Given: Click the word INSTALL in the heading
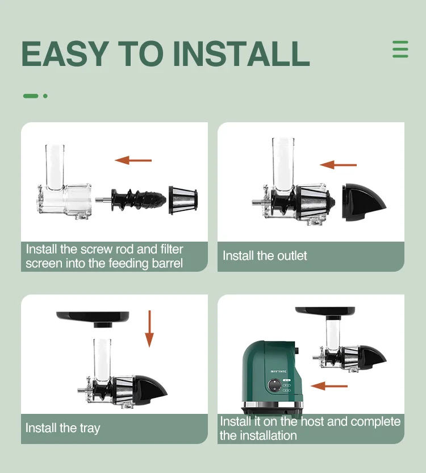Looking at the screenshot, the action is pyautogui.click(x=241, y=53).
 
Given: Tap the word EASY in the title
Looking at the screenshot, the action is pyautogui.click(x=65, y=53).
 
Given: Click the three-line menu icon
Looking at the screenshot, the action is pyautogui.click(x=400, y=49).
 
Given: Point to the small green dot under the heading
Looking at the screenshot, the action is pyautogui.click(x=45, y=96).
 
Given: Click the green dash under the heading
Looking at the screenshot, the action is pyautogui.click(x=31, y=96).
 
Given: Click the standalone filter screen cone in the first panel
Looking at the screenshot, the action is pyautogui.click(x=183, y=200).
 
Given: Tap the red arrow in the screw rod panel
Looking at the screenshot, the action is pyautogui.click(x=133, y=160).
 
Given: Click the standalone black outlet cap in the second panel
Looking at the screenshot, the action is pyautogui.click(x=364, y=202).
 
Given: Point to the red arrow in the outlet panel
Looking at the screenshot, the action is pyautogui.click(x=338, y=165).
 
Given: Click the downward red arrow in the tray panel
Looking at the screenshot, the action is pyautogui.click(x=149, y=329).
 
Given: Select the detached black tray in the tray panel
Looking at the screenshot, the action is pyautogui.click(x=93, y=319).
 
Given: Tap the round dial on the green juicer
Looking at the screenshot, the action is pyautogui.click(x=274, y=385).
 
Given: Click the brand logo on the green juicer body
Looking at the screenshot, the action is pyautogui.click(x=278, y=372).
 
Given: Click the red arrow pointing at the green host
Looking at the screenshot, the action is pyautogui.click(x=329, y=386).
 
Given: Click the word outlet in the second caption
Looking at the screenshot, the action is pyautogui.click(x=292, y=256).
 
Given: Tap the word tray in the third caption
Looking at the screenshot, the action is pyautogui.click(x=90, y=428).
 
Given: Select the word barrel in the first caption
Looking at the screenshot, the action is pyautogui.click(x=168, y=263).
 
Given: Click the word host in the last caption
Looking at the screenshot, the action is pyautogui.click(x=312, y=421).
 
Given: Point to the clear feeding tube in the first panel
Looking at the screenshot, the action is pyautogui.click(x=55, y=167).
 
